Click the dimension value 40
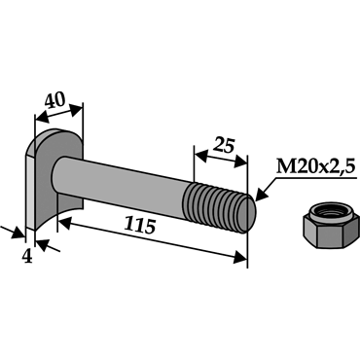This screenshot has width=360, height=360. pyautogui.click(x=55, y=101)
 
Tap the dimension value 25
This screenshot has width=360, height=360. pyautogui.click(x=223, y=146)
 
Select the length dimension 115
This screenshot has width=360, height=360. pyautogui.click(x=140, y=226)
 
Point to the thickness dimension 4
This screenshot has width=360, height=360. pyautogui.click(x=27, y=257)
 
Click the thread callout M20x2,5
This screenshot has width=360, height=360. pyautogui.click(x=314, y=167)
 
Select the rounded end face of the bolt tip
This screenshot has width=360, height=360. pyautogui.click(x=249, y=214)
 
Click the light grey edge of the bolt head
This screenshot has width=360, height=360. pyautogui.click(x=30, y=193)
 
